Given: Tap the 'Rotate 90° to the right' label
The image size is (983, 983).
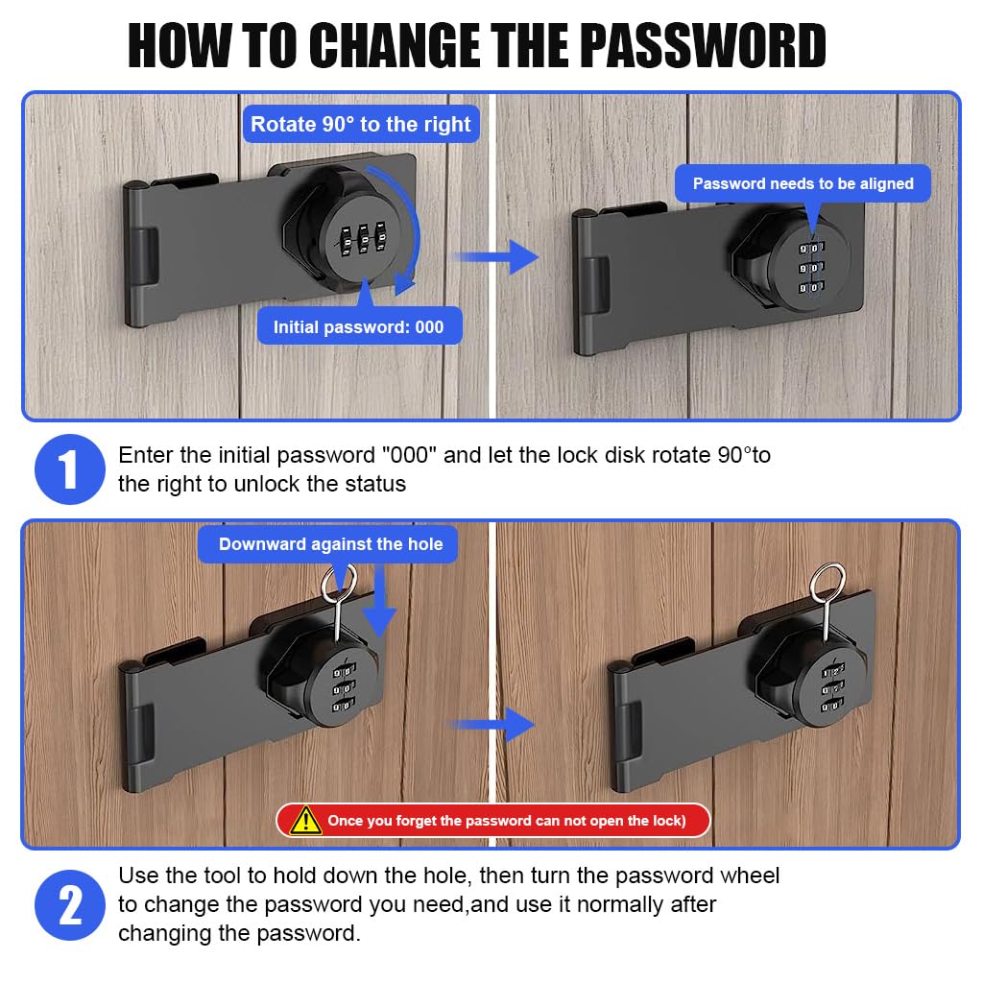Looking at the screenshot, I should pos(360,124).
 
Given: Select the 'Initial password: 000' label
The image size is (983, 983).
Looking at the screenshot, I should pos(358,327).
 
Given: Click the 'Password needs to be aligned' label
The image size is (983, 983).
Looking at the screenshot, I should pos(803,183).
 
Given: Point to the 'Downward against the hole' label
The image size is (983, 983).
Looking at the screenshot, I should pos(330,544).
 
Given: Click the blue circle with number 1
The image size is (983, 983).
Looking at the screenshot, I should pos(69,469).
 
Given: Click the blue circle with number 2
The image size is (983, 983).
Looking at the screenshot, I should pos(69,905).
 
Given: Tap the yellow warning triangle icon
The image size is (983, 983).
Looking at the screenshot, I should pos(306,820).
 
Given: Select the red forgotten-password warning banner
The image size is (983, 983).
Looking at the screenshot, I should pos(493,821).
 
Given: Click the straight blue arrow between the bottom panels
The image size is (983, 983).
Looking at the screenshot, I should pos(493,724).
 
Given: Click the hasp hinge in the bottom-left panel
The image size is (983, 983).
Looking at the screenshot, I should pos(139,729).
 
